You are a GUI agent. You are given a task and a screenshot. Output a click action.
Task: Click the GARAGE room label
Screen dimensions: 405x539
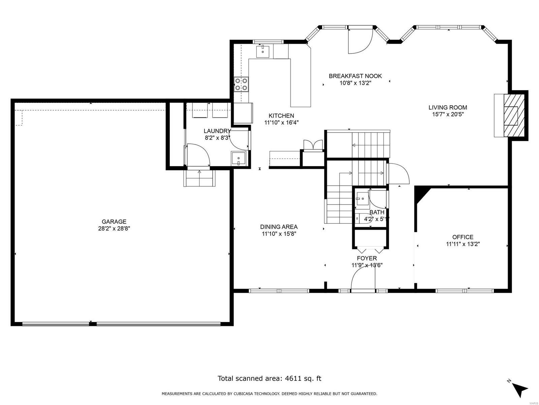[114, 222]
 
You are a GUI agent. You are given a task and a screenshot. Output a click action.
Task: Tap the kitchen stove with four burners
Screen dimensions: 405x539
[241, 84]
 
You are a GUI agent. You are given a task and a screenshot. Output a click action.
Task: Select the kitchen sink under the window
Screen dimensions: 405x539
[263, 52]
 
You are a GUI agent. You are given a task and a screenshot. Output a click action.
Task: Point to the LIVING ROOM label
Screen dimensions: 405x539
[448, 108]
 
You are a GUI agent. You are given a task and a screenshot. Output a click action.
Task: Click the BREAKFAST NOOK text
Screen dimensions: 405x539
[355, 76]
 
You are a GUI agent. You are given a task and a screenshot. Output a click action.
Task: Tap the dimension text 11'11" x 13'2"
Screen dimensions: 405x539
[463, 244]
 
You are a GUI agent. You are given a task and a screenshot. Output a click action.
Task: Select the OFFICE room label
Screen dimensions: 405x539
[463, 237]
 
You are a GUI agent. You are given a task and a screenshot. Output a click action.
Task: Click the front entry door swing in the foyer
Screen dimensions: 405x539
[363, 280]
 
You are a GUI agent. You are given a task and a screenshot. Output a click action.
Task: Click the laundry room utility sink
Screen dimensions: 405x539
[239, 158]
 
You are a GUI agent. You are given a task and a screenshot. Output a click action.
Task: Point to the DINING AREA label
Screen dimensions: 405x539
[279, 227]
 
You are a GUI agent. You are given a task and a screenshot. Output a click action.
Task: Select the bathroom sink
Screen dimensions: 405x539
[362, 198]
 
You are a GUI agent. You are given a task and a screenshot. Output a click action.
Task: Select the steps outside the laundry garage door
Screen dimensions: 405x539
[199, 178]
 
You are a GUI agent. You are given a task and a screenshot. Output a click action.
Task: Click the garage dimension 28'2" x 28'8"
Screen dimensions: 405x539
[114, 228]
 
